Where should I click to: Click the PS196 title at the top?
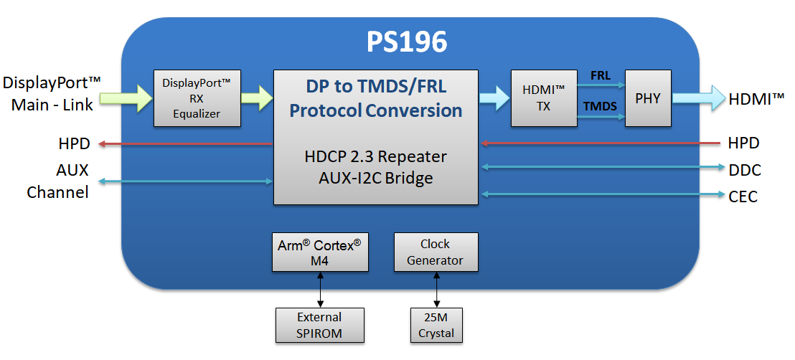coord(407,42)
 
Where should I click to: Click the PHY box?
coord(648,98)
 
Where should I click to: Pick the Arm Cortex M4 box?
coord(319,252)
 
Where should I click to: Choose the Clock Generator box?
coord(436,252)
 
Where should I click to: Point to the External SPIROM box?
coord(319,325)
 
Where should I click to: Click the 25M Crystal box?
coord(436,325)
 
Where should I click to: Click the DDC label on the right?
coord(743,170)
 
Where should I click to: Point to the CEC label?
coord(743,196)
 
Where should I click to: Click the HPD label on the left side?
coord(74,143)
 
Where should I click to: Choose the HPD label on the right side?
coord(743,143)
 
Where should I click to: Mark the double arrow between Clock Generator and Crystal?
coord(436,290)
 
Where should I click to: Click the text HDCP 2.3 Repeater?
coord(375,156)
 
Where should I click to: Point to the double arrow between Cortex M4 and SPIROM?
coord(319,290)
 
